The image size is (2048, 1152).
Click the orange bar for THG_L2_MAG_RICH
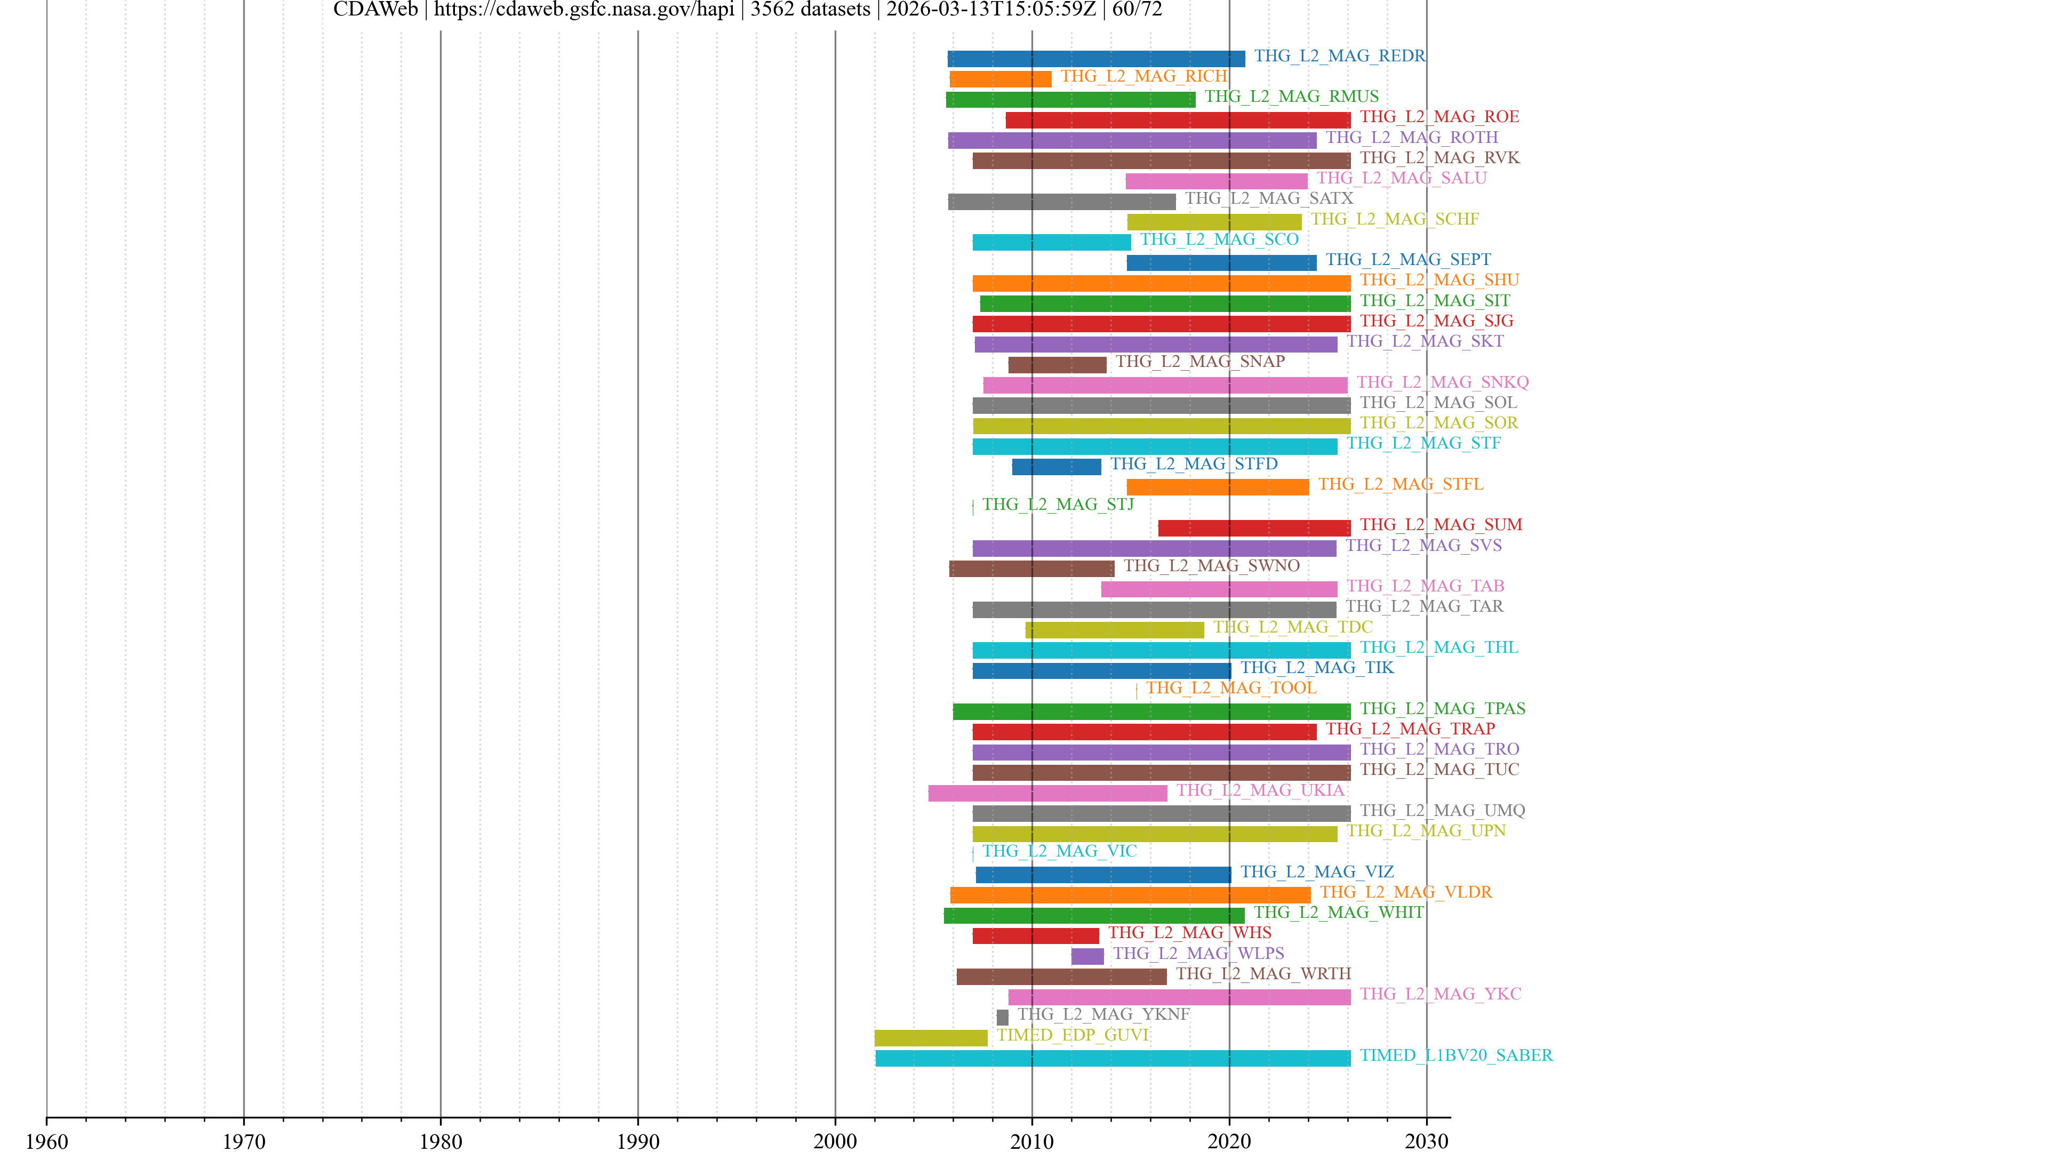coord(1000,79)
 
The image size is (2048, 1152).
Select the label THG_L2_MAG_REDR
coord(1340,55)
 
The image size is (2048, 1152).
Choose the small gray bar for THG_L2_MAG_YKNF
coord(1003,1017)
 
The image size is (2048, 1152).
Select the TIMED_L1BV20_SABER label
coord(1455,1055)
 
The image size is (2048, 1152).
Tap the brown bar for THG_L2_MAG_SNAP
coord(1058,365)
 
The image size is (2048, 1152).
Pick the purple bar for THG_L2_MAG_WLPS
coord(1087,956)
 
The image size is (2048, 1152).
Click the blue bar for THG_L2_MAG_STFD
coord(1057,467)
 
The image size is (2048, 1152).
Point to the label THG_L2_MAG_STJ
coord(1058,504)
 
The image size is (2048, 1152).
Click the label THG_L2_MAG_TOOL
coord(1231,687)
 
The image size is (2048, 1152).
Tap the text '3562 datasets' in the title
coord(810,10)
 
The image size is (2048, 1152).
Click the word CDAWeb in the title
coord(375,10)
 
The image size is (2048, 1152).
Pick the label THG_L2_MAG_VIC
coord(1059,851)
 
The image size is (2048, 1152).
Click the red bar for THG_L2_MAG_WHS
coord(1035,936)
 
